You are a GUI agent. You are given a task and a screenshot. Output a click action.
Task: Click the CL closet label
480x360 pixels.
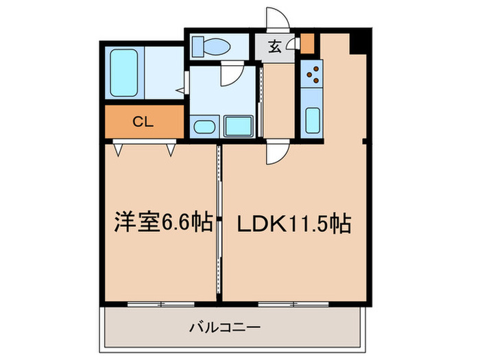pos(143,123)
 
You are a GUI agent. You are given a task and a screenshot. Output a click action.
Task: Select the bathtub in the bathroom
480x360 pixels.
pos(125,72)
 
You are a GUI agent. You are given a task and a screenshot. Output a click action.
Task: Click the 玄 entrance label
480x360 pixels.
pos(275,47)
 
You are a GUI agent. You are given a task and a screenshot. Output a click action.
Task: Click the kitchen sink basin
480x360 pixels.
pos(311,121)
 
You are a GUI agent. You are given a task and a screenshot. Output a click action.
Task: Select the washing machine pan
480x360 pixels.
pos(238,125)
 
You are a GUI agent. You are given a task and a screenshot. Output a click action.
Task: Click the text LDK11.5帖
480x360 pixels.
pos(293,223)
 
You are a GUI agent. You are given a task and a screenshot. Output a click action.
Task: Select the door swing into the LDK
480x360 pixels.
pos(278,152)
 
